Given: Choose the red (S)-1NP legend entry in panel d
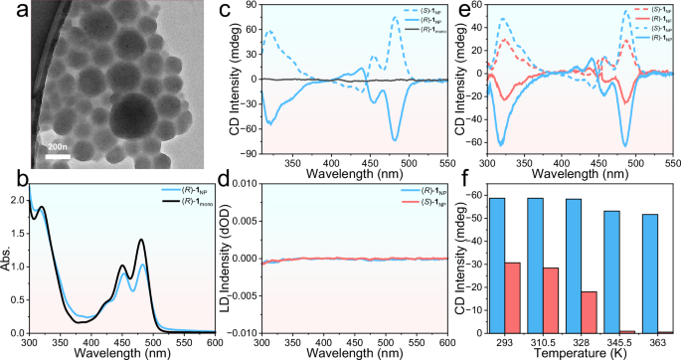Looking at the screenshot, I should (408, 204).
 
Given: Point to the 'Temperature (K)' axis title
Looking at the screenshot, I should (581, 353).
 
